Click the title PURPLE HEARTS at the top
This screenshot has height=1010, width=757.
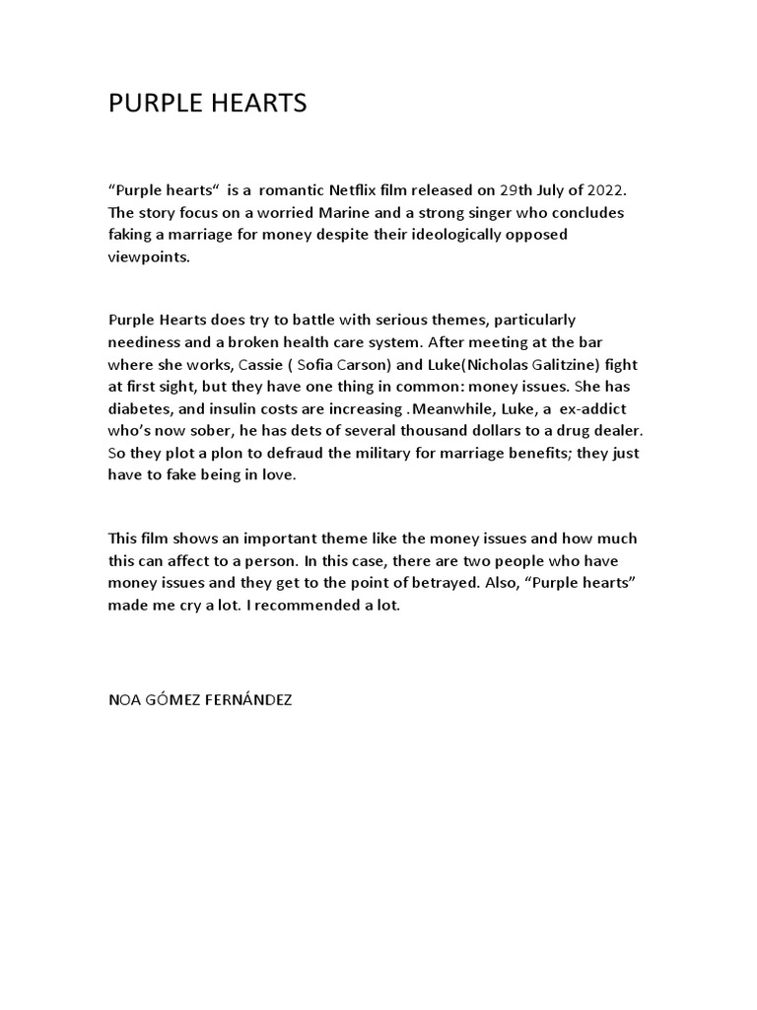[207, 104]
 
